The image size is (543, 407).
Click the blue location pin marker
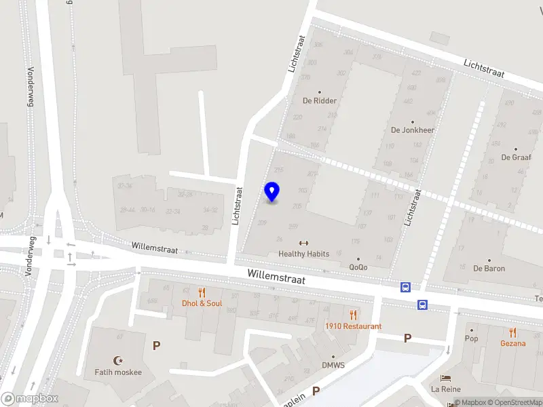[271, 192]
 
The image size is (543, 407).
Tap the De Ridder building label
[320, 100]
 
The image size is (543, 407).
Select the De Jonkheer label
[412, 130]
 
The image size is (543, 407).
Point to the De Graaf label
[515, 157]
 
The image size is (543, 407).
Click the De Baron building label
[489, 268]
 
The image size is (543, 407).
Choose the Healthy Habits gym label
[303, 254]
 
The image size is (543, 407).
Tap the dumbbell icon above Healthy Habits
[303, 244]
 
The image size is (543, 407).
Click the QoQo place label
[358, 267]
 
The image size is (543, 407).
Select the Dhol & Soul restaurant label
[202, 303]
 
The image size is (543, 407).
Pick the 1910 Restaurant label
[352, 326]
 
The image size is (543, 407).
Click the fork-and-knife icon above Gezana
[513, 332]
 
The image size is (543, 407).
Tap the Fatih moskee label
[118, 372]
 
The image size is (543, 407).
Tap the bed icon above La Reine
[445, 378]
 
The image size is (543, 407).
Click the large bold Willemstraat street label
[276, 277]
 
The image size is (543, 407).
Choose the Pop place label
[471, 338]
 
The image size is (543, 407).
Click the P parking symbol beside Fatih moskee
[157, 345]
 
